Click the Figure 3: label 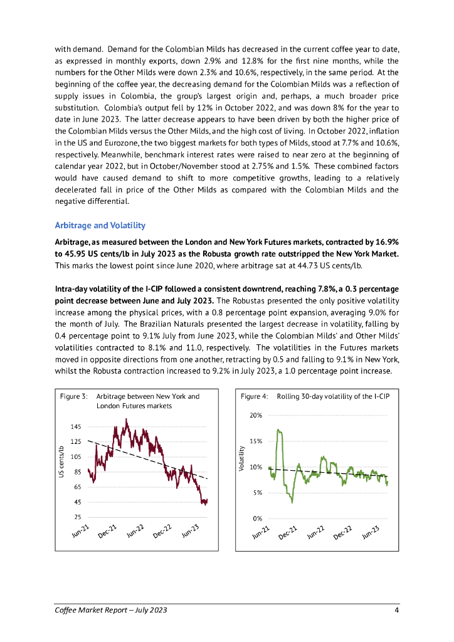tap(73, 396)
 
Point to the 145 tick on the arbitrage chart tap(76, 426)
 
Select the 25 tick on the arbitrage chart tap(78, 517)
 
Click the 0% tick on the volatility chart tap(257, 518)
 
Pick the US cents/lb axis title tap(61, 462)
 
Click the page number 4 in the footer tap(396, 610)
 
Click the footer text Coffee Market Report tap(92, 610)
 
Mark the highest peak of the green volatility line tap(278, 430)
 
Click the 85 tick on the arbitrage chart tap(78, 472)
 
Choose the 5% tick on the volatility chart tap(257, 493)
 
